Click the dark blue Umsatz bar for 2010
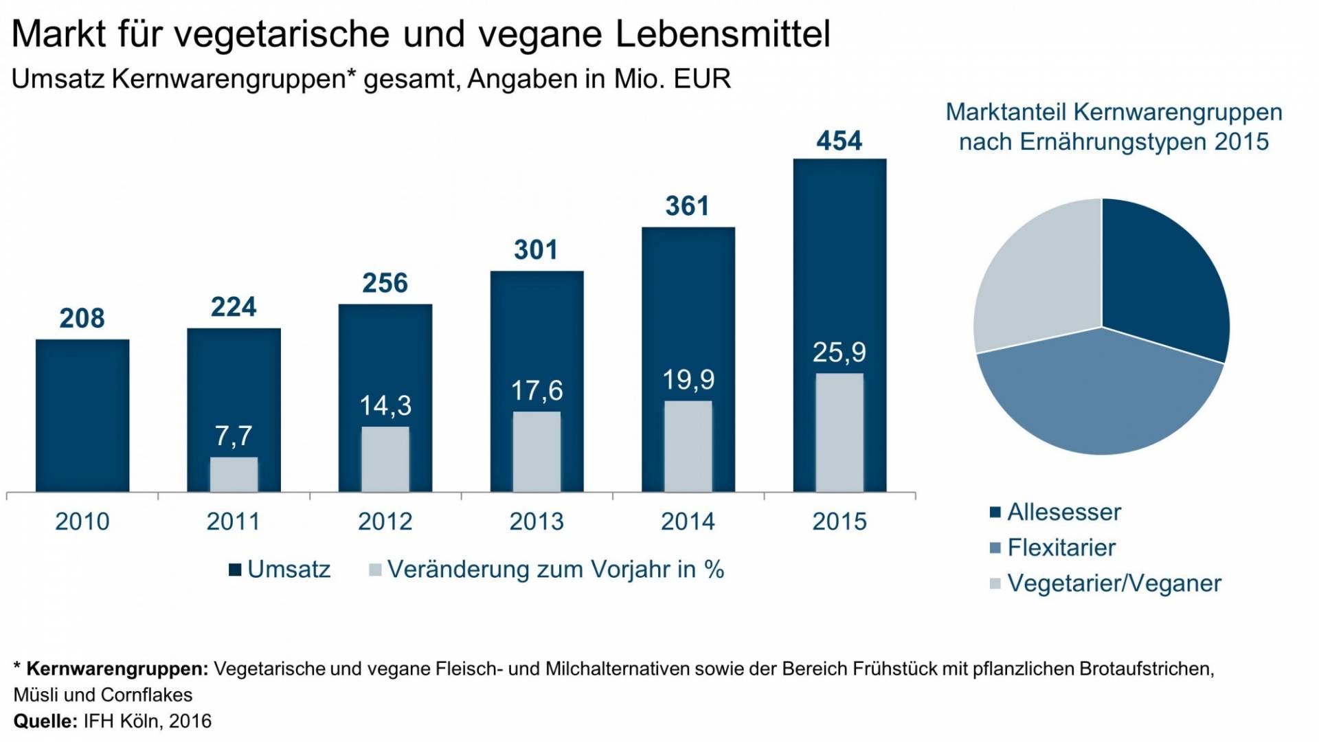82,415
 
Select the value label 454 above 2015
839,141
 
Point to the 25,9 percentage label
839,352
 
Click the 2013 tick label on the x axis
536,521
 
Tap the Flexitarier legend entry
1061,548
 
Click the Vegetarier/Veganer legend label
1114,583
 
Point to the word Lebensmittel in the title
723,34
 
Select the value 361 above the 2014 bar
687,206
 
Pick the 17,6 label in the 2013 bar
536,391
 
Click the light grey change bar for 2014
688,447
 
